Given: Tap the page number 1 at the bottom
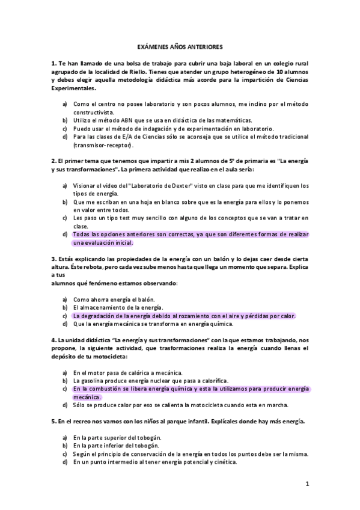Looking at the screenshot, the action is coord(307,483).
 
